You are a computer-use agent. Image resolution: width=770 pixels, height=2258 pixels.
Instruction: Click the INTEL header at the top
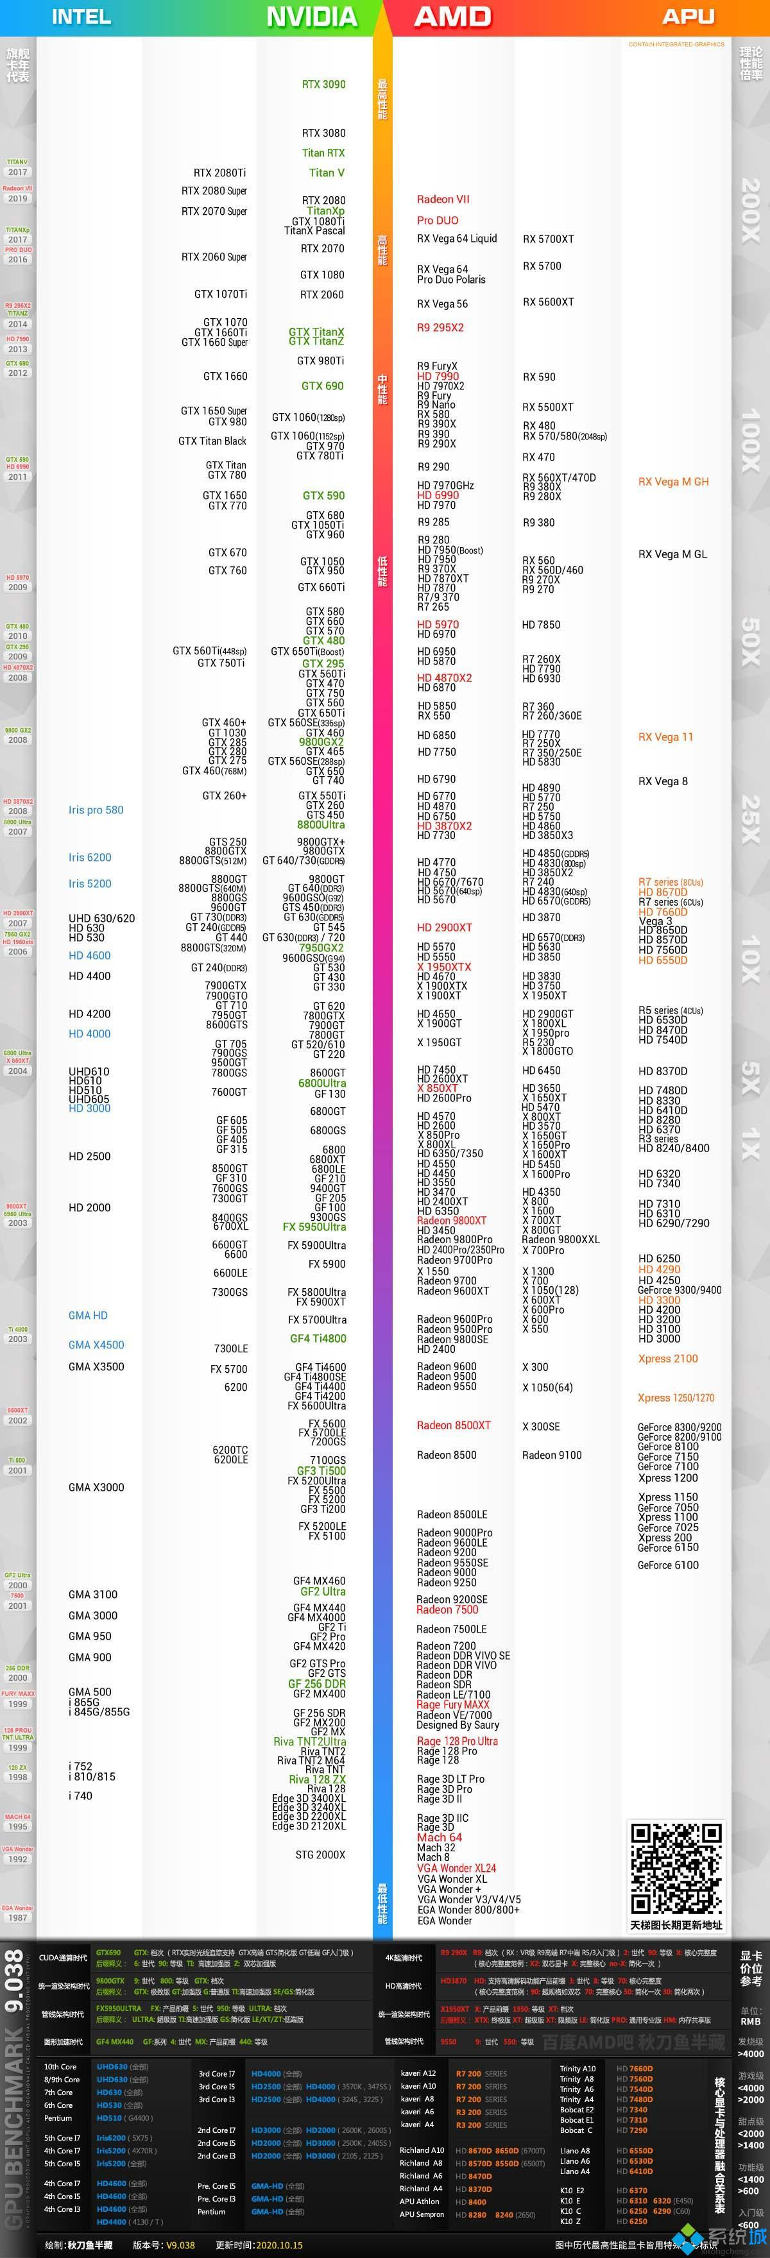point(81,17)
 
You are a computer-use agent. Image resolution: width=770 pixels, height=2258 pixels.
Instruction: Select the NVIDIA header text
point(311,17)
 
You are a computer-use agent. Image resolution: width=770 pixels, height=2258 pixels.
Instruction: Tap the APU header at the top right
point(688,17)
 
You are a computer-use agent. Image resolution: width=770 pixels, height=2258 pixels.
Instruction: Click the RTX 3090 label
point(323,84)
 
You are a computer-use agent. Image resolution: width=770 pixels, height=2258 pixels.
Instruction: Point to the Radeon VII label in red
point(443,199)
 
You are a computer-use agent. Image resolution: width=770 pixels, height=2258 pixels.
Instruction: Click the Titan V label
point(326,173)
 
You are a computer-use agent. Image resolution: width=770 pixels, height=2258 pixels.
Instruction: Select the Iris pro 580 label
point(96,810)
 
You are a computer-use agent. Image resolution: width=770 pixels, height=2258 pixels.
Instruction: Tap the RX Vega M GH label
point(672,481)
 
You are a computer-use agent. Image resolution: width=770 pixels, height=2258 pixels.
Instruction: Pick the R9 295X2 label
point(440,328)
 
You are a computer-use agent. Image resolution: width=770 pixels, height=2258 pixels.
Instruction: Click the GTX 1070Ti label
point(220,294)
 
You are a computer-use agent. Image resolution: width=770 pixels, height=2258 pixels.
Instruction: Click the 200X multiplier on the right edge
point(751,210)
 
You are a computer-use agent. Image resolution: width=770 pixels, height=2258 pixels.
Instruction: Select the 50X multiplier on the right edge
point(751,641)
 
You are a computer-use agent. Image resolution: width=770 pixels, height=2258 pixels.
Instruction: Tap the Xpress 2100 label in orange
point(667,1359)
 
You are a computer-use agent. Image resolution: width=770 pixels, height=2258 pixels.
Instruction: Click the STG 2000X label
point(320,1854)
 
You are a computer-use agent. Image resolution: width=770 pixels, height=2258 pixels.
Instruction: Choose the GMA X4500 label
point(96,1345)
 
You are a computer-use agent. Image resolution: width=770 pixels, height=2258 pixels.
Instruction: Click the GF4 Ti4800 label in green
point(318,1339)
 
